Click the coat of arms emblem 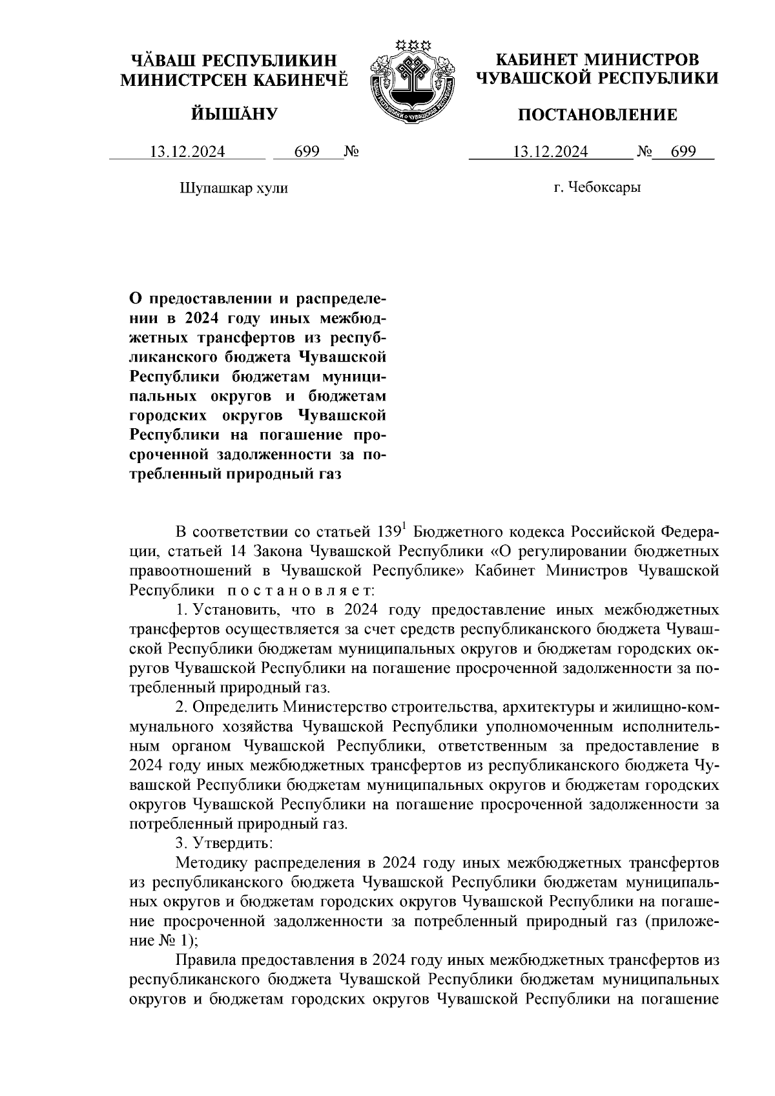tap(411, 81)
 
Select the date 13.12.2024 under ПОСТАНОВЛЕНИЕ tap(550, 152)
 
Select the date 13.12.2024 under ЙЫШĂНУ tap(187, 152)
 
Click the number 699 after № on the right tap(683, 152)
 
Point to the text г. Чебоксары tap(597, 188)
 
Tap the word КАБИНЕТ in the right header tap(535, 60)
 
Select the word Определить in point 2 tap(235, 708)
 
